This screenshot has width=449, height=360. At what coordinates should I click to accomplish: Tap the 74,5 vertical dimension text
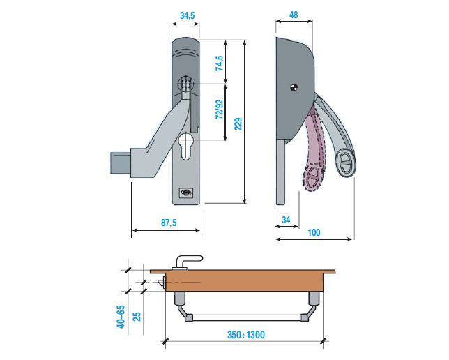pyautogui.click(x=219, y=65)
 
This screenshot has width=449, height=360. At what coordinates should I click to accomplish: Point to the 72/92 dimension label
pyautogui.click(x=219, y=111)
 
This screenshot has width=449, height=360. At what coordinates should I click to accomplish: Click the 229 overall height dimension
pyautogui.click(x=238, y=123)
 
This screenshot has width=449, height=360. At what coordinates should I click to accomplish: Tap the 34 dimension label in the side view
pyautogui.click(x=287, y=220)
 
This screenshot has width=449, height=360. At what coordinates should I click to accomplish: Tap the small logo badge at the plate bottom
pyautogui.click(x=185, y=195)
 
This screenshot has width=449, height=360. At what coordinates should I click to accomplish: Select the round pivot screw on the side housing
pyautogui.click(x=294, y=87)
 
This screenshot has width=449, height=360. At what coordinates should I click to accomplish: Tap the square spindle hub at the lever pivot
pyautogui.click(x=186, y=84)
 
